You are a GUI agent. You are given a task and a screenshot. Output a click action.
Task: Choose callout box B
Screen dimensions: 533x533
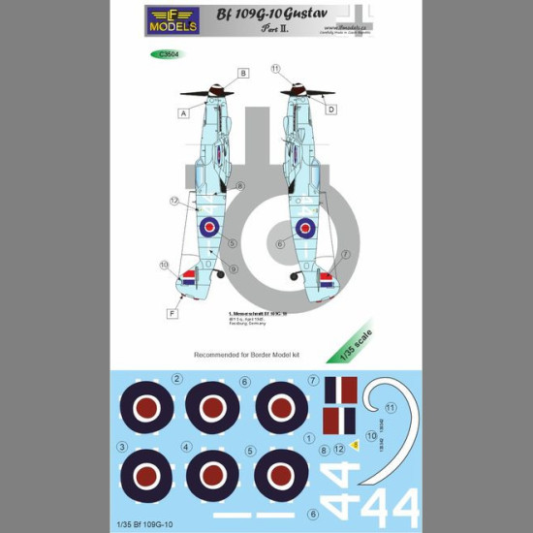coord(243,73)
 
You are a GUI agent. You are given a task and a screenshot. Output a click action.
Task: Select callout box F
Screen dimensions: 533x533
coord(171,313)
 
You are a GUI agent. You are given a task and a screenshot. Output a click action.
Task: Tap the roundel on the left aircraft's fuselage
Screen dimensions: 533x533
coord(209,228)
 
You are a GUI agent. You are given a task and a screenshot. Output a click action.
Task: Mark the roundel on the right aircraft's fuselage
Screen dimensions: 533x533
coord(305,229)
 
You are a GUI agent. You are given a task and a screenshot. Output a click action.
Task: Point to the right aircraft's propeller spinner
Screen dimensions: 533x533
coord(298,94)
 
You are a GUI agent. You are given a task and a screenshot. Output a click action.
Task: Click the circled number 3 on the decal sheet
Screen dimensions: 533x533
coord(121,447)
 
